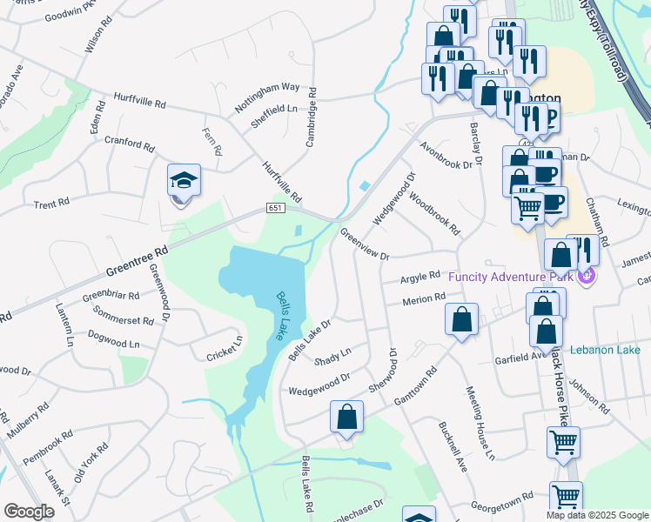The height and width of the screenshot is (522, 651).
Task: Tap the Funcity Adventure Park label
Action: [x=513, y=277]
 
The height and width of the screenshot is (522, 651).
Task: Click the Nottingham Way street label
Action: [x=267, y=98]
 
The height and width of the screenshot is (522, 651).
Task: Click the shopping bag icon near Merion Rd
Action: [x=462, y=319]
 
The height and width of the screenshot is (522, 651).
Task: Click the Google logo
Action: [x=30, y=512]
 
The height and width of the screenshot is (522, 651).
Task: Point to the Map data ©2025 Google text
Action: [x=597, y=515]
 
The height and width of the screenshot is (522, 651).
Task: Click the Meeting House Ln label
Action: [x=480, y=423]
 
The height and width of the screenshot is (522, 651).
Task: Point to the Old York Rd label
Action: [x=91, y=462]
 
